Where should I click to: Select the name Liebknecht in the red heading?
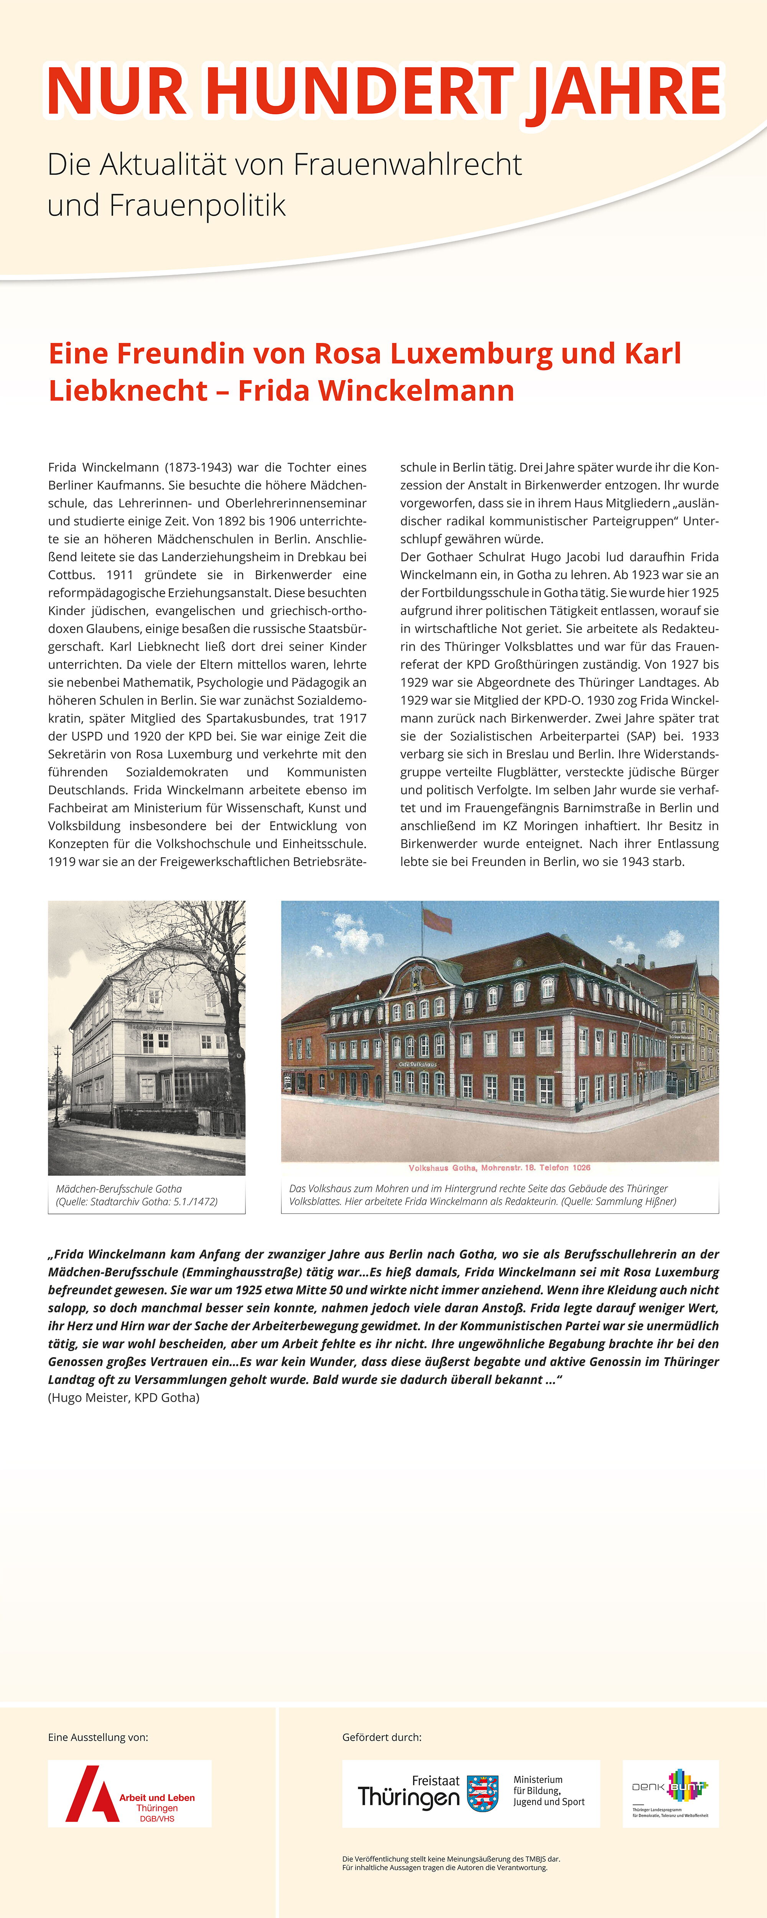pyautogui.click(x=127, y=390)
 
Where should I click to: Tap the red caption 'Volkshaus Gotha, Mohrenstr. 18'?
pyautogui.click(x=499, y=1167)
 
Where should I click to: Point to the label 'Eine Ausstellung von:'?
pyautogui.click(x=97, y=1737)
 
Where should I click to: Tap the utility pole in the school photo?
pyautogui.click(x=58, y=1079)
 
